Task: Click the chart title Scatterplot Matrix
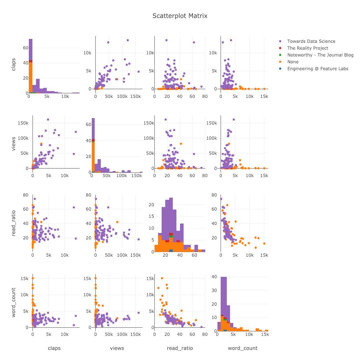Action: (x=180, y=16)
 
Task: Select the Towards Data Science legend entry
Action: (x=311, y=41)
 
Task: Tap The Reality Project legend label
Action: (x=307, y=48)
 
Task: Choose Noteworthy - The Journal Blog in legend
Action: (x=320, y=55)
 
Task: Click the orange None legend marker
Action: (x=280, y=62)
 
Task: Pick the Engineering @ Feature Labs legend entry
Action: (x=318, y=69)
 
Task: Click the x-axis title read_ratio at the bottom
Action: (x=180, y=348)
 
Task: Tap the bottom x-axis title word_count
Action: (x=243, y=348)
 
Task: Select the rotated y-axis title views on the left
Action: (x=14, y=142)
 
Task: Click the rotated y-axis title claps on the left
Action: (x=14, y=63)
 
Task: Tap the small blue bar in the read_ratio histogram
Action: (x=171, y=251)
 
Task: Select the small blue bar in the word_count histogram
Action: (x=225, y=330)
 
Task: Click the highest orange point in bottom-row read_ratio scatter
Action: (x=162, y=278)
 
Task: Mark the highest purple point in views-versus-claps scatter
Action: (x=48, y=120)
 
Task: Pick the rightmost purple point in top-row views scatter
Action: (x=138, y=72)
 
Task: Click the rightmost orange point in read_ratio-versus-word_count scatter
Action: (x=264, y=243)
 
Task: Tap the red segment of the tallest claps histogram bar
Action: (x=31, y=61)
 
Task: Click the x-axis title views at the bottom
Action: (x=117, y=348)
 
